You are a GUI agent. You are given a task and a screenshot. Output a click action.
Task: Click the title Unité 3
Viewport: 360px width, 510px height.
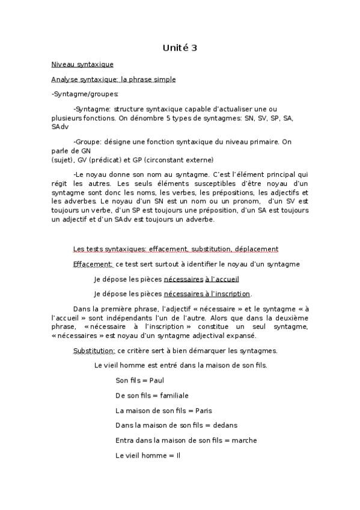(180, 48)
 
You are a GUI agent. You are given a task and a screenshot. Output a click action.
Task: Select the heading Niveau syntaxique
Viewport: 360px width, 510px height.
(82, 64)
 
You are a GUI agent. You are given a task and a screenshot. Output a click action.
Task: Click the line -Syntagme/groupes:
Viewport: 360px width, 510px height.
(76, 94)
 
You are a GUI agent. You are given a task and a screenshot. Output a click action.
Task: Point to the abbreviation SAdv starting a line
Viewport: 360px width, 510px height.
(60, 127)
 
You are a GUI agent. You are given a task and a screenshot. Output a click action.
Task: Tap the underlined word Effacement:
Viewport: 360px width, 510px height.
(93, 263)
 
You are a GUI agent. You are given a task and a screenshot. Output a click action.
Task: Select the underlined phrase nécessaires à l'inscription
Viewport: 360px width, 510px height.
(207, 293)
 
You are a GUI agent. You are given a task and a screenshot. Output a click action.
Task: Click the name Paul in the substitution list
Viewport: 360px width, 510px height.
(157, 381)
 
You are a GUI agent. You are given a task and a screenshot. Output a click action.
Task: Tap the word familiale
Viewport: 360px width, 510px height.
(174, 396)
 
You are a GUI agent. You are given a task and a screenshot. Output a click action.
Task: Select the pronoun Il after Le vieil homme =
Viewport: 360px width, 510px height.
(178, 455)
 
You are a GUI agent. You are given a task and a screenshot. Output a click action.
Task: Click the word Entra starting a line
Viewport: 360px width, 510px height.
(124, 440)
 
